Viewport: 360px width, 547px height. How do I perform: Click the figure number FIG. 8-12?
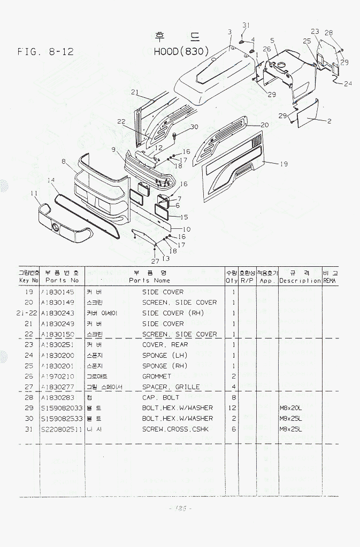[x=45, y=52]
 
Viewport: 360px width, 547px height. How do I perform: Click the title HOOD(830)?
[x=181, y=52]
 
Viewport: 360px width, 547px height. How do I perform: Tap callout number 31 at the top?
[x=246, y=26]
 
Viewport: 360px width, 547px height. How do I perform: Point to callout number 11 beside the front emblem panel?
[x=34, y=193]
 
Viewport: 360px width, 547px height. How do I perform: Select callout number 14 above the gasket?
[x=51, y=180]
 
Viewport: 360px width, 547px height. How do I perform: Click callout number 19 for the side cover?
[x=284, y=164]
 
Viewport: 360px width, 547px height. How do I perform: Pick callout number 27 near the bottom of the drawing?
[x=155, y=261]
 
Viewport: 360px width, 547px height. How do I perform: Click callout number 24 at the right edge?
[x=348, y=83]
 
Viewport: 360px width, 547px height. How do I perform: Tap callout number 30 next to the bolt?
[x=194, y=127]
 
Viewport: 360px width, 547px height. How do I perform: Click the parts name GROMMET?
[x=157, y=376]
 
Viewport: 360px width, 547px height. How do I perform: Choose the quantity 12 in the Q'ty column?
[x=233, y=408]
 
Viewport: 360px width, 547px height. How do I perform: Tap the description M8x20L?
[x=291, y=408]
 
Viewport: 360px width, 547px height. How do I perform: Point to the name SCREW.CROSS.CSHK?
[x=175, y=429]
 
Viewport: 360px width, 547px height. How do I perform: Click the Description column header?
[x=300, y=280]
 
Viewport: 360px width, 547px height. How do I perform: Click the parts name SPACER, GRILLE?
[x=171, y=387]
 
